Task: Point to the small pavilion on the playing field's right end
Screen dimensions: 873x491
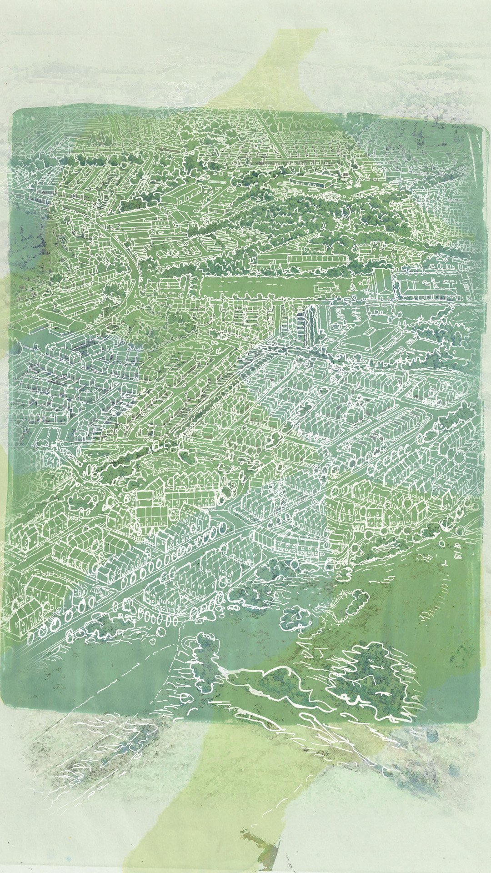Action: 325,286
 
